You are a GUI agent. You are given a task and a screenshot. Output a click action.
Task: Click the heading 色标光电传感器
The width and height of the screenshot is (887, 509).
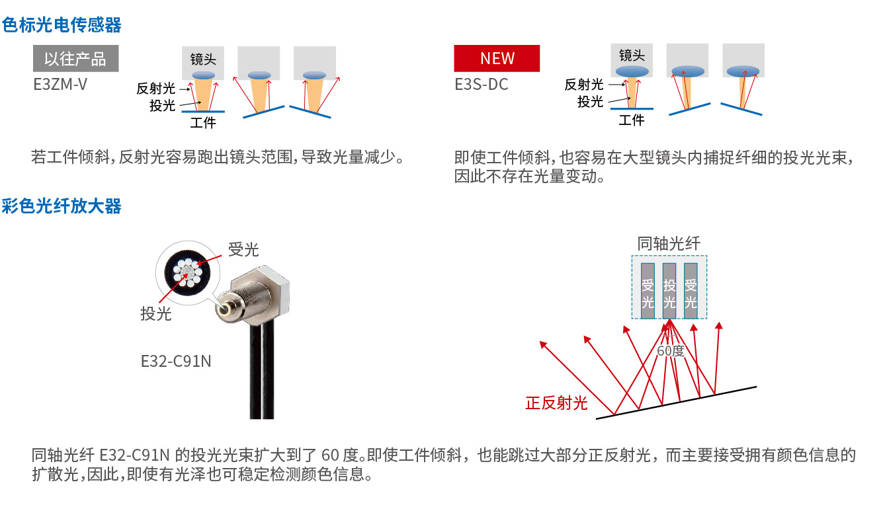(62, 25)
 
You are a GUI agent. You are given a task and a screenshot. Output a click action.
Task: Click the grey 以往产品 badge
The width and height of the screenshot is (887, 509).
(75, 59)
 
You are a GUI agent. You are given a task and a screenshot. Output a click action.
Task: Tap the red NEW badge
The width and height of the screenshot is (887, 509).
(497, 59)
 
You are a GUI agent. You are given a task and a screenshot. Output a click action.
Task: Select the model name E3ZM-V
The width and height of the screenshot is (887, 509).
(60, 85)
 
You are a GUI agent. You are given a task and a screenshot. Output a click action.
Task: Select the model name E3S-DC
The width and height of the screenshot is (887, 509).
(481, 85)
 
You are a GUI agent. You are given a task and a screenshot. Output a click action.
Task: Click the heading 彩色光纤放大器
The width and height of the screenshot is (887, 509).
(62, 206)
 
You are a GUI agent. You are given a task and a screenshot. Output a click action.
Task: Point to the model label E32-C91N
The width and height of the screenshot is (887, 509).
(176, 361)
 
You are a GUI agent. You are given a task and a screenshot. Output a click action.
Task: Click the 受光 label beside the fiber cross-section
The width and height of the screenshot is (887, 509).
(243, 250)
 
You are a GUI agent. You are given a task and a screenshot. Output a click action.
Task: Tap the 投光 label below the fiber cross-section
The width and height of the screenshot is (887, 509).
(155, 313)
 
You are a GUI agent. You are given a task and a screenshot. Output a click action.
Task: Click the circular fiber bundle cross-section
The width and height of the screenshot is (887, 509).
(187, 273)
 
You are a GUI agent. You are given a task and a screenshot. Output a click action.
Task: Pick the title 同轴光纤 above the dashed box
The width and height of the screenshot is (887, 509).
(669, 243)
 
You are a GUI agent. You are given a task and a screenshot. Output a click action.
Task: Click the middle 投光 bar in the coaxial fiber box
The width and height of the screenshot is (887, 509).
(669, 291)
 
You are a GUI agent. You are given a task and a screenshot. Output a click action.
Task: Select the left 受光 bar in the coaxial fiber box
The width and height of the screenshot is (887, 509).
(648, 291)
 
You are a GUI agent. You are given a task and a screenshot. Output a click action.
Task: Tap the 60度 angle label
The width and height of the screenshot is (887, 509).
(671, 350)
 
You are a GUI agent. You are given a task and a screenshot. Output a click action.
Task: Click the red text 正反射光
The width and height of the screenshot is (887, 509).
(556, 403)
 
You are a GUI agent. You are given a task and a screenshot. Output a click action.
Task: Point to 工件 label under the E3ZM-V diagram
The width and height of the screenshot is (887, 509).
(203, 123)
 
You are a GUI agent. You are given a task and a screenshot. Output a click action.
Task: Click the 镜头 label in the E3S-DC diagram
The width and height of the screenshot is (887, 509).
(632, 56)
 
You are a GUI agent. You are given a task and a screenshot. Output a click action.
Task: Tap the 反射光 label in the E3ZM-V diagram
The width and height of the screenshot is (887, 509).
(155, 89)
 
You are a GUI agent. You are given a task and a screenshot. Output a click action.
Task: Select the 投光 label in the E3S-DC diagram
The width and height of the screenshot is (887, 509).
(590, 102)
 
